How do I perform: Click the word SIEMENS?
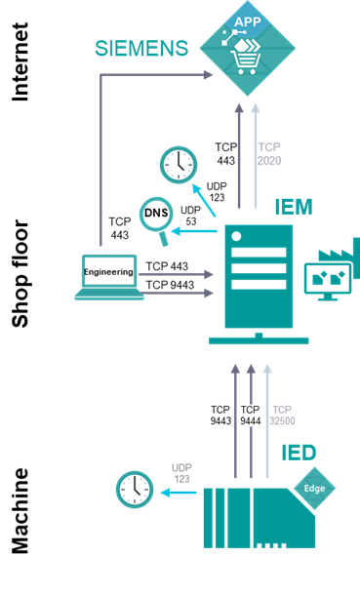click(142, 48)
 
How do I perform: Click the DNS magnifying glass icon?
click(154, 214)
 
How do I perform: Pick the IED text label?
click(298, 454)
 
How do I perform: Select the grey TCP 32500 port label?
click(282, 416)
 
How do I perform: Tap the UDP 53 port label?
click(191, 217)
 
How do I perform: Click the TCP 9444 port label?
click(251, 416)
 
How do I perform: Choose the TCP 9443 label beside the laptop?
click(167, 284)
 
